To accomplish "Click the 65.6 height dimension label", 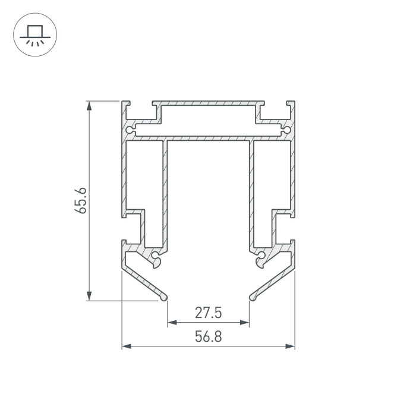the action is point(80,201).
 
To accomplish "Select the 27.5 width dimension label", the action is point(208,313).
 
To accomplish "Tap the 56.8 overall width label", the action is point(208,336).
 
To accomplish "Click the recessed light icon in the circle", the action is point(35,35).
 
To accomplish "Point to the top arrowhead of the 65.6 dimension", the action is point(89,106).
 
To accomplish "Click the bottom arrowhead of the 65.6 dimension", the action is point(89,296).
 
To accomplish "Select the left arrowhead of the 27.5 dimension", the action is point(172,322).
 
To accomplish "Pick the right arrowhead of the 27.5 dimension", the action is point(244,322).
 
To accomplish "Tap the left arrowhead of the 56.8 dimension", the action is point(127,346).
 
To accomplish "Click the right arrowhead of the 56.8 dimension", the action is point(290,346).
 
